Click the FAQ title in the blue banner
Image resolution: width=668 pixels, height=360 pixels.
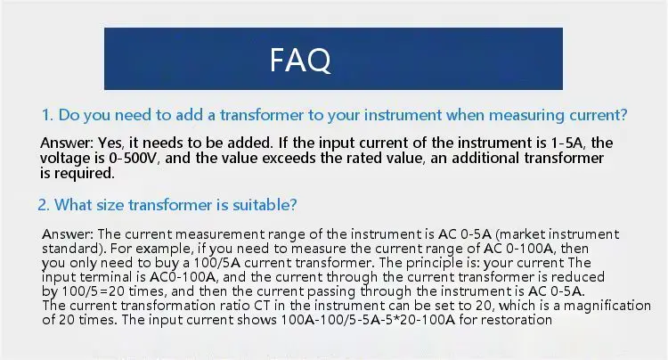click(300, 60)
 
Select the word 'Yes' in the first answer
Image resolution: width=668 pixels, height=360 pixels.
click(110, 143)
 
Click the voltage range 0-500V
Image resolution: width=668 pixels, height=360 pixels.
click(133, 158)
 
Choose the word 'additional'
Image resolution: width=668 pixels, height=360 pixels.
click(485, 158)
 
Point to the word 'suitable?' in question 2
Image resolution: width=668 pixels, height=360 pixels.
click(265, 205)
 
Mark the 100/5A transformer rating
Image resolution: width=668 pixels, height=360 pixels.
click(217, 263)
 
